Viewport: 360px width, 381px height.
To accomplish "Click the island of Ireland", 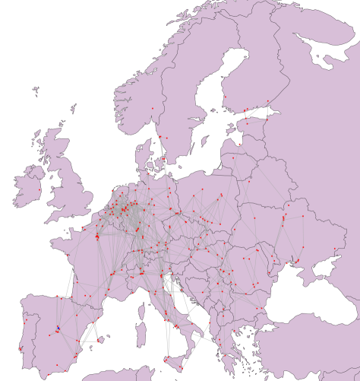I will pos(30,187).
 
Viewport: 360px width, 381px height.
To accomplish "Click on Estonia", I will pos(251,125).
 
